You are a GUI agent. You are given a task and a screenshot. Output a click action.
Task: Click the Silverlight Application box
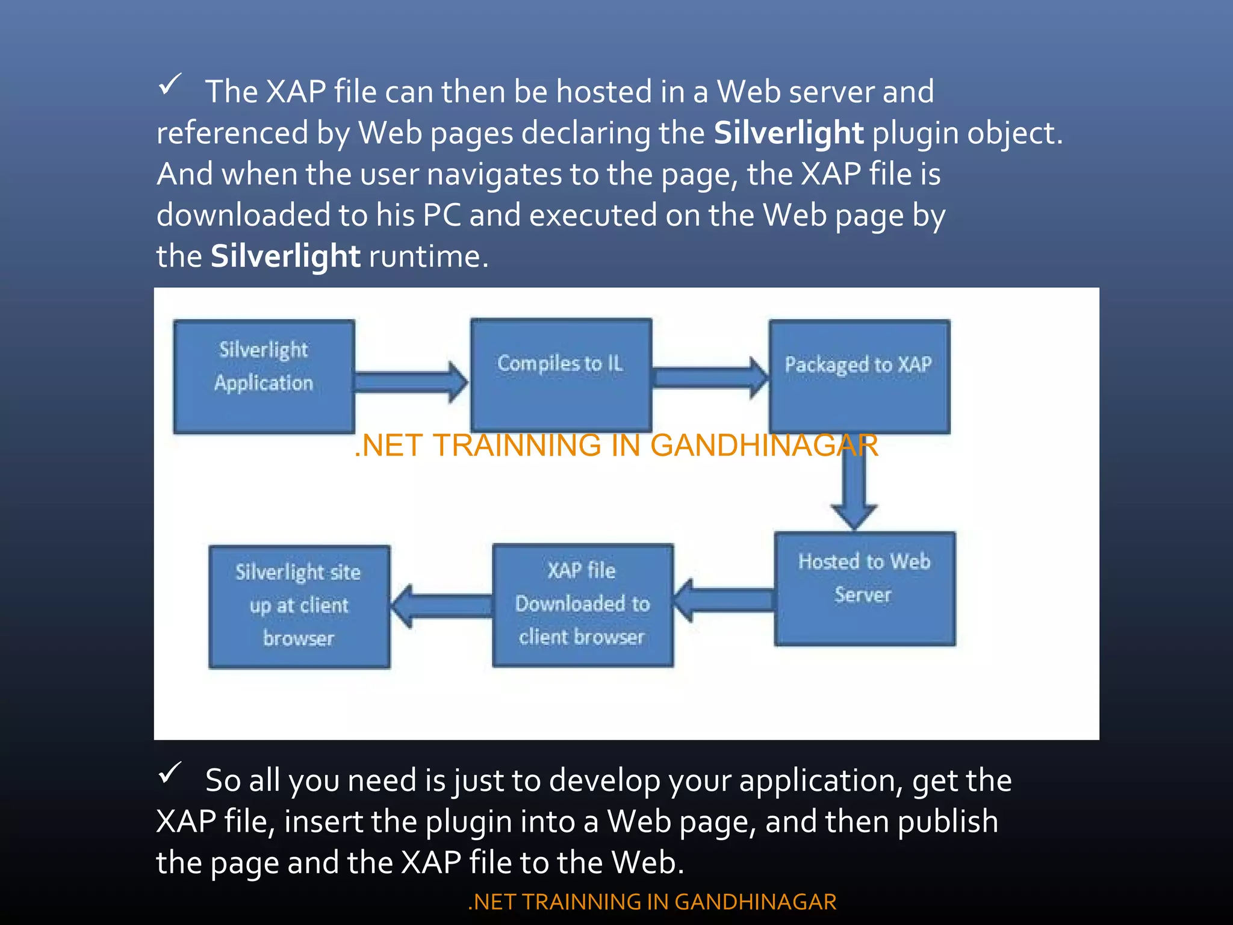264,376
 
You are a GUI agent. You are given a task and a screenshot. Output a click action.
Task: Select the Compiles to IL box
561,375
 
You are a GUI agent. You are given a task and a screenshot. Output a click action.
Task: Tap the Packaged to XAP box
859,376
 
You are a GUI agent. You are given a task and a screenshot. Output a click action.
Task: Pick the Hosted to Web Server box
865,588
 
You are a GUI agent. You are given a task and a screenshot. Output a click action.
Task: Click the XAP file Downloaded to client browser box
582,605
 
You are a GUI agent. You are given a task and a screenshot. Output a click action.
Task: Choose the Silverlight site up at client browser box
299,606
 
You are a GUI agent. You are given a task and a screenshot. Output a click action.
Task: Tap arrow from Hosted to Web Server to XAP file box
722,600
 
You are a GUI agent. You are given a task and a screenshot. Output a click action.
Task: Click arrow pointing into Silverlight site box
441,606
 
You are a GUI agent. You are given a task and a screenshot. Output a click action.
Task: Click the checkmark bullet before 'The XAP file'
170,86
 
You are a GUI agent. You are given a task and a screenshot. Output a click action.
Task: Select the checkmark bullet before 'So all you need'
170,773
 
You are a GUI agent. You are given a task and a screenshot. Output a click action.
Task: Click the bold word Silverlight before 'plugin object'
788,132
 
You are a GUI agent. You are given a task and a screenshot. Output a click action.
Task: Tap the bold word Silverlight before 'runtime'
285,256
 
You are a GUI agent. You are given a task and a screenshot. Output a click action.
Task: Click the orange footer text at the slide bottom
652,902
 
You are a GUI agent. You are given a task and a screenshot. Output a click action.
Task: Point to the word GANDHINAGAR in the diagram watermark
763,446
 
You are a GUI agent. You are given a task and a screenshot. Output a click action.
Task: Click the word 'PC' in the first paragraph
441,215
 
